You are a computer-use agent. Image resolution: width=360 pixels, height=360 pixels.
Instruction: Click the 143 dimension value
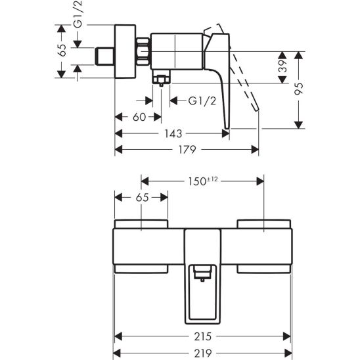click(173, 133)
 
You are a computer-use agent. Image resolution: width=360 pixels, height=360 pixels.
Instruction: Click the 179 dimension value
click(187, 150)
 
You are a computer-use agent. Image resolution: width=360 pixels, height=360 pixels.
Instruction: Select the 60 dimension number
click(139, 117)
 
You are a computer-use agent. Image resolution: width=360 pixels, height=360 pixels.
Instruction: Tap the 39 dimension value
click(284, 66)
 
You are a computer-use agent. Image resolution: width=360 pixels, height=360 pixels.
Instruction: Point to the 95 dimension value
click(299, 89)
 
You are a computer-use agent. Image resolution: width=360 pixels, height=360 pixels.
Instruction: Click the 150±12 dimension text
click(203, 181)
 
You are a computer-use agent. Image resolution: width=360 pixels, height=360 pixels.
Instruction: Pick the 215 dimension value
click(203, 336)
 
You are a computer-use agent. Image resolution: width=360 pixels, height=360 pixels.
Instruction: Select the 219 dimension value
click(203, 353)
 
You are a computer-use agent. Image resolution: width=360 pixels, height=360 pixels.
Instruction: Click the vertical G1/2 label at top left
click(78, 14)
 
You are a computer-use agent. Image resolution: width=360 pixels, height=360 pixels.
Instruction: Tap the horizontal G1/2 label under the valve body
click(202, 101)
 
